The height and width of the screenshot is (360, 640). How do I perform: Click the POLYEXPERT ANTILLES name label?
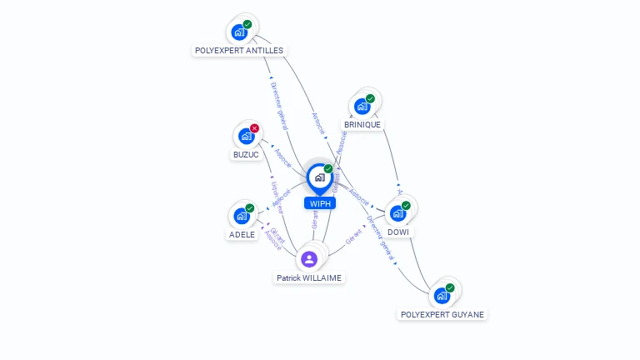coord(238,50)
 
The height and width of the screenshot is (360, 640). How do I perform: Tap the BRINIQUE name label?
coord(362,124)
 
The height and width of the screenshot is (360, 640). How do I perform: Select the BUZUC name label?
coord(246,154)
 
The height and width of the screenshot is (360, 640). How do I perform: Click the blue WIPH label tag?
coord(320,203)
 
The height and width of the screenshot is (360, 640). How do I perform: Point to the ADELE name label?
coord(242,234)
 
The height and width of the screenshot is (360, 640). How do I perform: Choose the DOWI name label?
coord(398,232)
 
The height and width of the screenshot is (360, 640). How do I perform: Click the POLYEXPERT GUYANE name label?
coord(442,314)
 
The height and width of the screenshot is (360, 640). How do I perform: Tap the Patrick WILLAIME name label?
coord(309,277)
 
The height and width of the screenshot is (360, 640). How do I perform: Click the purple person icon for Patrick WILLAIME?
coord(309,258)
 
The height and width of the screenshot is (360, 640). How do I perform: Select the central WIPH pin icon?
coord(319,177)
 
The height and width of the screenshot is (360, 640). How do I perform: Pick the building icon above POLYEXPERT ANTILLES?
coord(240,32)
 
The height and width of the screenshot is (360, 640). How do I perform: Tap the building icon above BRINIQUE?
coord(362,107)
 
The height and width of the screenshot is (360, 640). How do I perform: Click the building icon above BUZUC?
coord(246,136)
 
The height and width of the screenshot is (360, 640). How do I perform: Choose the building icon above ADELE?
coord(241,216)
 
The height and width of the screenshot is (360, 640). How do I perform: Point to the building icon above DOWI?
coord(397,213)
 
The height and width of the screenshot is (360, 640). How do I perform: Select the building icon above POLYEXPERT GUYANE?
coord(441,295)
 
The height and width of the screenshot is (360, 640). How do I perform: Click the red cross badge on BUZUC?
coord(254,128)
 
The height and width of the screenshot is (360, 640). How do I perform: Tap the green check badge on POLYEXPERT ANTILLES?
coord(247,25)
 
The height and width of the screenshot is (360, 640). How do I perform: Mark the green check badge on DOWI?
coord(406,205)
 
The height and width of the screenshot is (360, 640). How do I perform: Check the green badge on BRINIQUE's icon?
coord(370,99)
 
